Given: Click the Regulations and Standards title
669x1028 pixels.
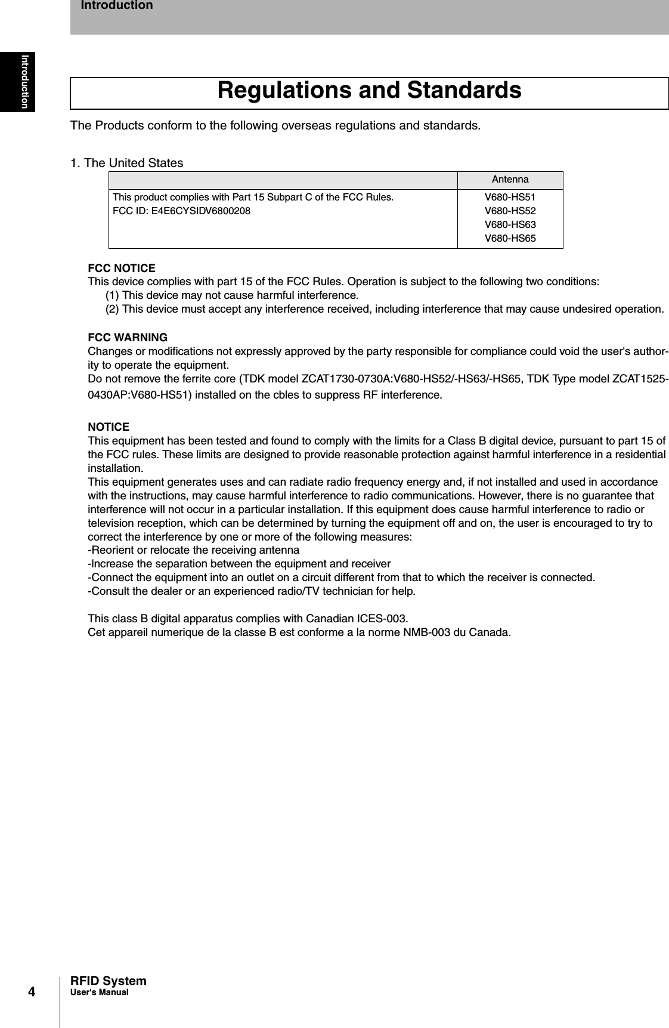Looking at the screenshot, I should point(369,91).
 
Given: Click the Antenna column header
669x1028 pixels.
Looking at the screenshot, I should point(510,180).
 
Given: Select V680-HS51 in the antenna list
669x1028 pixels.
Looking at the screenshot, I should point(510,197).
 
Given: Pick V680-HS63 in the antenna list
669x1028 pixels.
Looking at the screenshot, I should point(510,225).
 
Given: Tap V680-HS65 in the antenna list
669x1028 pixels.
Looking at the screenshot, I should point(510,239).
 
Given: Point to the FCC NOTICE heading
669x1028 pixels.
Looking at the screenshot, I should point(122,268).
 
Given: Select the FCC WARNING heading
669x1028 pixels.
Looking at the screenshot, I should point(128,338).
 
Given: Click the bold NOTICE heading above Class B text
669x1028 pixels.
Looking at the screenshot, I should point(109,427).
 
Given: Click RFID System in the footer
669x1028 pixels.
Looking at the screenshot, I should point(109,981).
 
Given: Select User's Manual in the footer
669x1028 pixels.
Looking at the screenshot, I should point(99,992).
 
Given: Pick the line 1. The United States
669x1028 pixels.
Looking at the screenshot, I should point(127,163).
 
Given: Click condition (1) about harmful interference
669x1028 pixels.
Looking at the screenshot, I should point(232,295).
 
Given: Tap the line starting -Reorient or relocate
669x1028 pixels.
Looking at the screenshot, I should point(194,549).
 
